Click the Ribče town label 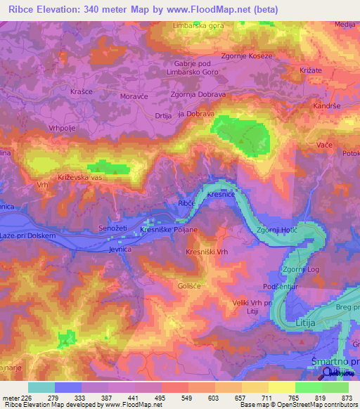(186, 202)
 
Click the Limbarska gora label (199, 27)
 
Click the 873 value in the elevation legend (346, 397)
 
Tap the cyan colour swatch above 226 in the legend (41, 387)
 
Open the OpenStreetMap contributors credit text (316, 405)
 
